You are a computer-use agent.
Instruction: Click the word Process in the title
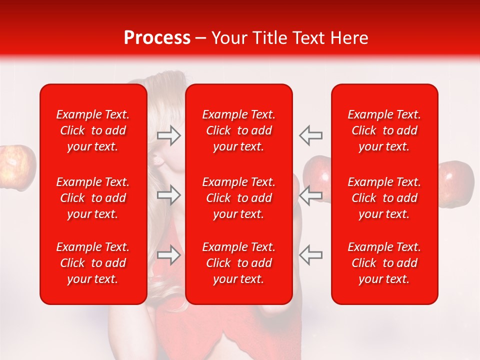click(x=157, y=38)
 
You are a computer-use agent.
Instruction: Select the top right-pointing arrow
click(x=168, y=135)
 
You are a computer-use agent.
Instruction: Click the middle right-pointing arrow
click(x=168, y=195)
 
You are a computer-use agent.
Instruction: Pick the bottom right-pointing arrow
click(x=168, y=255)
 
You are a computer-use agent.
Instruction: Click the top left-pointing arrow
click(x=311, y=135)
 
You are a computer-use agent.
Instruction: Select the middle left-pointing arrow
click(x=311, y=195)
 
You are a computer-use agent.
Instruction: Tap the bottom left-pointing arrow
click(x=311, y=255)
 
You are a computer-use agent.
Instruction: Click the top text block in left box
click(x=93, y=130)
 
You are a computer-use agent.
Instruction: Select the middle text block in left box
click(x=93, y=198)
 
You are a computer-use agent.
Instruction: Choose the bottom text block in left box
click(x=93, y=263)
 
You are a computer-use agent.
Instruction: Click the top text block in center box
click(x=239, y=130)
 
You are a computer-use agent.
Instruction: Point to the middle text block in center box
click(x=239, y=198)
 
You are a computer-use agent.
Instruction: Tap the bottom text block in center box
click(x=239, y=263)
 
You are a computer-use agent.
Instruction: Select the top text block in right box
click(x=384, y=130)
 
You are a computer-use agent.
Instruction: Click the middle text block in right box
click(x=384, y=198)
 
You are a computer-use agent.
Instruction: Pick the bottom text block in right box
click(x=384, y=263)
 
